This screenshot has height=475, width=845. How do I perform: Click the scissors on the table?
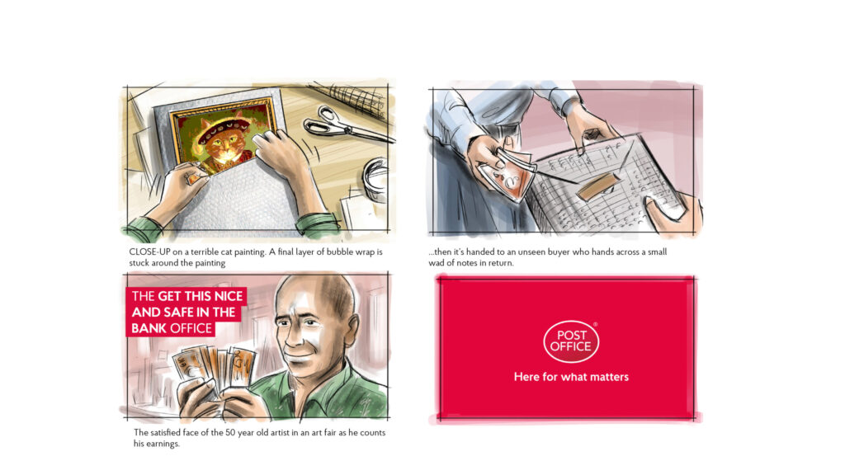coord(345,125)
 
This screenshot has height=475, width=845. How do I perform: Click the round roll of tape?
coord(375,179)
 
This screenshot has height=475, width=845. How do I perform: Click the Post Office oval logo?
coord(571,341)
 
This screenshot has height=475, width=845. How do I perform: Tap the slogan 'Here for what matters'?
coord(571,377)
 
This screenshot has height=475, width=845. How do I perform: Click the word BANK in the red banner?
coord(149,328)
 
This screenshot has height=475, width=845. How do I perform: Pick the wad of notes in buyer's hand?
coord(506,173)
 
